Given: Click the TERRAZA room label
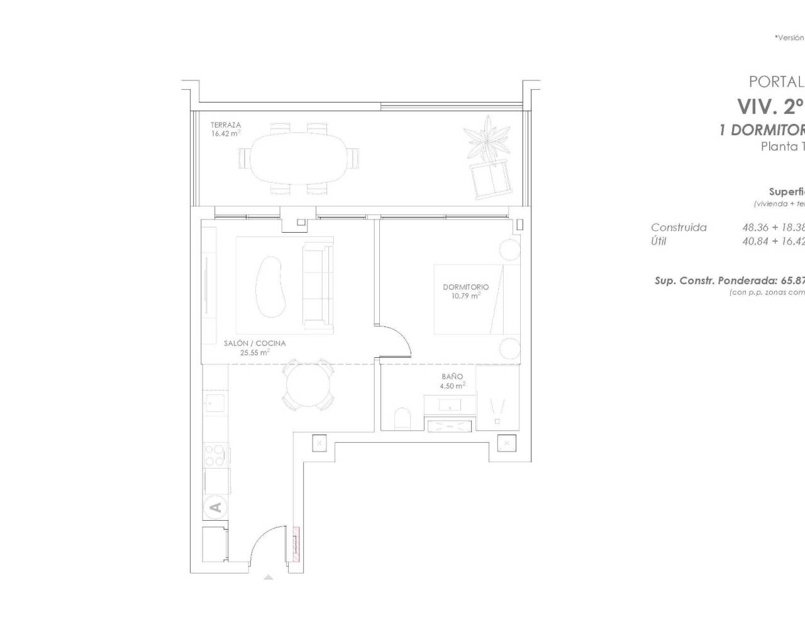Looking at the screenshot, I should coord(225,125).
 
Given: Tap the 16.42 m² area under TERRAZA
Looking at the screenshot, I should coord(225,133).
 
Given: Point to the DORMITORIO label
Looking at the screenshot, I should coord(465,287).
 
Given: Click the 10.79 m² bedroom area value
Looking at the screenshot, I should coord(465,296).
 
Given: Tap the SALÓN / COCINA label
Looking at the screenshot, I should coord(255,343).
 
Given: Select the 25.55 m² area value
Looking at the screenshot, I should coord(255,353).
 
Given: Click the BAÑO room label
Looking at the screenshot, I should coord(452,377).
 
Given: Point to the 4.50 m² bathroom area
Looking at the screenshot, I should coord(452,386).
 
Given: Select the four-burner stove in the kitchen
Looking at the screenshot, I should coord(216,455).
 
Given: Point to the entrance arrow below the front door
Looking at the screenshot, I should coord(269,577).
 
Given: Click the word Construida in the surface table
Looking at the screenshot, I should coord(679,228).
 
